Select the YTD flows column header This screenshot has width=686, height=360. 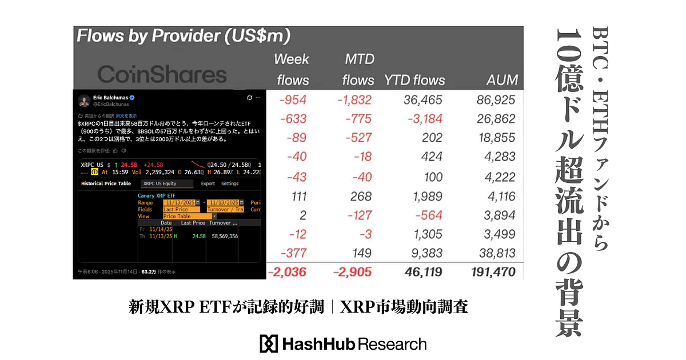coord(414,80)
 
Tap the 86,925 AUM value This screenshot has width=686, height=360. coord(496,100)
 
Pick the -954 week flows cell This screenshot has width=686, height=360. coord(293,100)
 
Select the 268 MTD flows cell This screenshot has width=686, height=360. coord(361,197)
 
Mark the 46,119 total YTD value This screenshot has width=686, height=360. coord(422,272)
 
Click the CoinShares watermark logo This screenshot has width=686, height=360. coord(162,74)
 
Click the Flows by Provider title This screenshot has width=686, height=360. coord(184,37)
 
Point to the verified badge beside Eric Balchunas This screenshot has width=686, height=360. coord(131,98)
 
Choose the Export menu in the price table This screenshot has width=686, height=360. coord(208,183)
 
